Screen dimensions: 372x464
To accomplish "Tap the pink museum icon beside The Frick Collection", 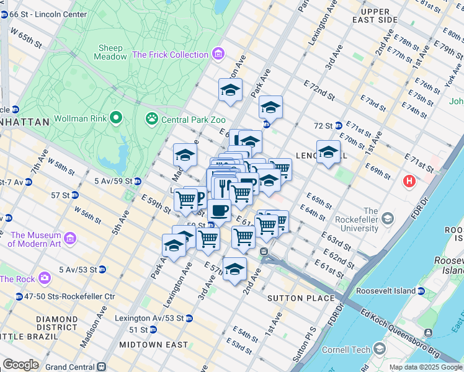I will tap(217, 55).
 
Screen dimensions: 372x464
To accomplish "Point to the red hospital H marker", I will tap(409, 182).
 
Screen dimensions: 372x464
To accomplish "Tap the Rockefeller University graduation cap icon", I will tap(388, 218).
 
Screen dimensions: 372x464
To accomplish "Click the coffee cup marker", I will tap(219, 211).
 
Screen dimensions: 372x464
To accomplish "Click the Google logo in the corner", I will tap(20, 365).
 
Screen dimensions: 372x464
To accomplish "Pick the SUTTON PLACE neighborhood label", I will tap(292, 298).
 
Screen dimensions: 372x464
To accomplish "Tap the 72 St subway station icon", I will tap(338, 125).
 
